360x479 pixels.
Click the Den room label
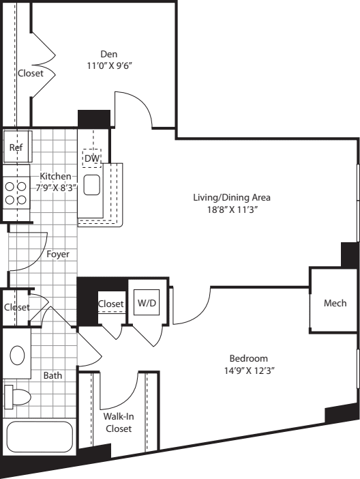point(109,55)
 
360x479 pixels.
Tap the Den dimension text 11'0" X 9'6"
point(109,66)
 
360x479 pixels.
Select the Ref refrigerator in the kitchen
point(18,147)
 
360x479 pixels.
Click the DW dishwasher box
point(91,158)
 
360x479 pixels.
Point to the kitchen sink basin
point(91,185)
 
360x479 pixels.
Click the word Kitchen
point(56,176)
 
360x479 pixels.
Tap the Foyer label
point(58,254)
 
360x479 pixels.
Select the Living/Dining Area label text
point(232,197)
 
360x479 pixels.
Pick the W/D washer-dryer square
point(147,302)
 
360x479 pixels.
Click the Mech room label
point(335,303)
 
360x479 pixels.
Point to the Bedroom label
point(249,358)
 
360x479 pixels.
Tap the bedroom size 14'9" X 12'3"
point(249,371)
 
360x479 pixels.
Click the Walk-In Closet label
point(119,422)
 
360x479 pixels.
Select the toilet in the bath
point(18,397)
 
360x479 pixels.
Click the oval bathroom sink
point(17,355)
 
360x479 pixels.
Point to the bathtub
point(40,437)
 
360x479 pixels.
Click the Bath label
point(52,375)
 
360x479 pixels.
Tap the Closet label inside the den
point(31,73)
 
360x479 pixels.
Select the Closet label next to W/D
point(111,304)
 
